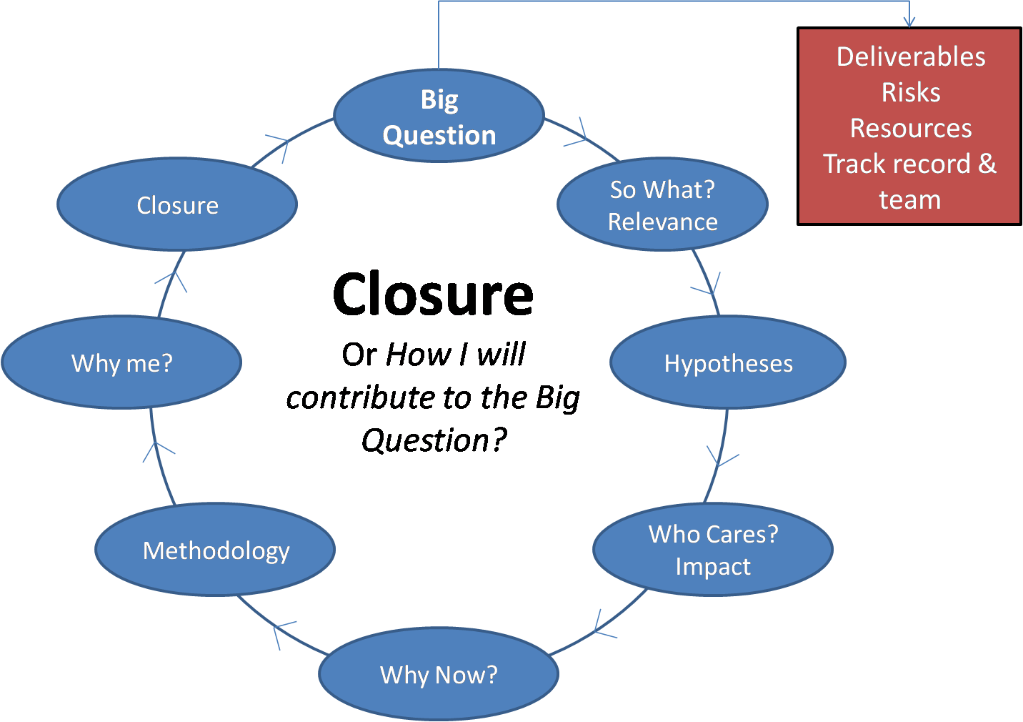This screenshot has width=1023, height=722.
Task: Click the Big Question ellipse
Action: coord(439,116)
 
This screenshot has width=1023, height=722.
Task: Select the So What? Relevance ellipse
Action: coord(662,205)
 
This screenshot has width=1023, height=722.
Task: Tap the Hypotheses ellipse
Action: coord(727,363)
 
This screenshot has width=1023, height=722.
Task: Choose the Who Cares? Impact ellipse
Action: coord(712,550)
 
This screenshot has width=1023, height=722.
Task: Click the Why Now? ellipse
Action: coord(438,674)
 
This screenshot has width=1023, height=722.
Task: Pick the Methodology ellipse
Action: coord(215,550)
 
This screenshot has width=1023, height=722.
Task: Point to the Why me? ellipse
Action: coord(121,363)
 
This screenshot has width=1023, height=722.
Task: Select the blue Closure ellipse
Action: coord(177,205)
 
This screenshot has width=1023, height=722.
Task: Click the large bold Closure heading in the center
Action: coord(433,295)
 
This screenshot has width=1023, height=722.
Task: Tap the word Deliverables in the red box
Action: coord(911,56)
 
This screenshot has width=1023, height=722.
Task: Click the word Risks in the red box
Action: coord(911,92)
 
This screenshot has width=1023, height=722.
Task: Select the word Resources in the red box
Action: coord(911,128)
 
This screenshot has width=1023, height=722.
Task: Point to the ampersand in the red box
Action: coord(987,164)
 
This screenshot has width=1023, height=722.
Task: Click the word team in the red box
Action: coord(909,200)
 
